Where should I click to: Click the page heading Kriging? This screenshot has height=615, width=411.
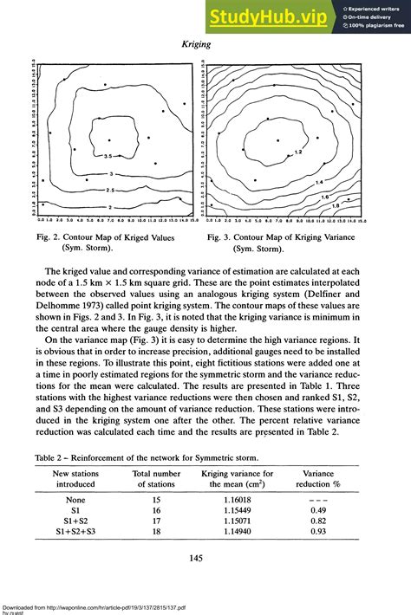point(204,42)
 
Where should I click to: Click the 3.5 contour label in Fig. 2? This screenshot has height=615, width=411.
point(108,156)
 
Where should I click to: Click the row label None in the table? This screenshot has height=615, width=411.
point(75,500)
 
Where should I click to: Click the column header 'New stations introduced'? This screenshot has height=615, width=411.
point(75,479)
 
